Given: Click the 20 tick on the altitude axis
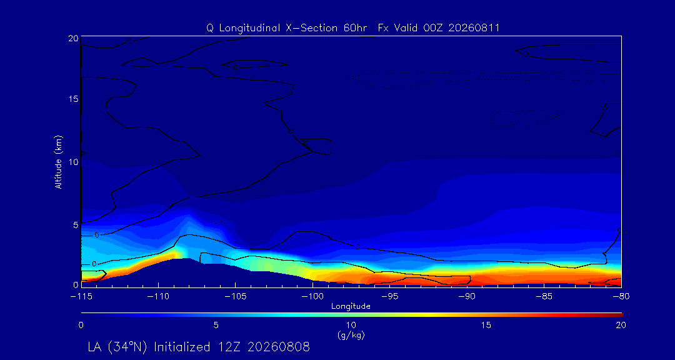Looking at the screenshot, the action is [x=73, y=38].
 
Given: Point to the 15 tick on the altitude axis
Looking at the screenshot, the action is [x=73, y=99].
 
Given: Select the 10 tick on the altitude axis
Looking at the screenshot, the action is [x=73, y=162].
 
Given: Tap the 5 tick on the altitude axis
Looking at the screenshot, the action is [x=76, y=225].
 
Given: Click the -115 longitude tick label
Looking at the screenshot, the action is [x=81, y=296].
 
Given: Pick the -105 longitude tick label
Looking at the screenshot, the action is [x=236, y=296].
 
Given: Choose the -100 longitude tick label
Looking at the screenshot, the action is [x=312, y=296].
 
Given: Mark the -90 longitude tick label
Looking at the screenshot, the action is [x=467, y=296].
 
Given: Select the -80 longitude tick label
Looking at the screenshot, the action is [x=621, y=296].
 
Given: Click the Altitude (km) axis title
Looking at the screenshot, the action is [x=59, y=162].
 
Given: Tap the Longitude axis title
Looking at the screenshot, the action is [x=351, y=307].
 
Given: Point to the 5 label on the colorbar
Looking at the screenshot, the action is [x=216, y=326].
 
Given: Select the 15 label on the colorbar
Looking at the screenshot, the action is [x=486, y=326].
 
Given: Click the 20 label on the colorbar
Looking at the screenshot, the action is [x=621, y=326].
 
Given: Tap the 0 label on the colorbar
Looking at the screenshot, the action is [x=81, y=326].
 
